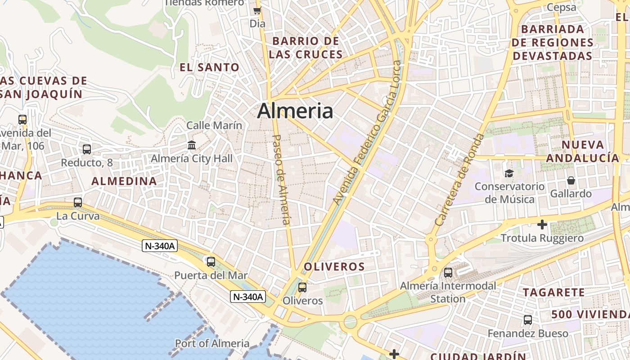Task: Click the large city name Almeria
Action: click(x=295, y=111)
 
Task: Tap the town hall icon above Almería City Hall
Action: click(x=192, y=145)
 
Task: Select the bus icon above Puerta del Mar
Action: click(x=211, y=261)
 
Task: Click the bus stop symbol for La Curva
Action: click(x=78, y=202)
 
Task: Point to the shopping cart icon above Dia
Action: click(x=257, y=10)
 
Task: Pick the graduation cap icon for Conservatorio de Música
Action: click(x=509, y=173)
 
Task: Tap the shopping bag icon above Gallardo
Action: click(x=571, y=180)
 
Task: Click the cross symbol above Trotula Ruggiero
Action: click(x=542, y=224)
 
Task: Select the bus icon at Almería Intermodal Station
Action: click(x=448, y=272)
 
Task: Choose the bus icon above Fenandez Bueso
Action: click(x=528, y=320)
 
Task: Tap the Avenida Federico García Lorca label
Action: click(x=367, y=139)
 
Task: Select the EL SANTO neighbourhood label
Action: click(x=210, y=67)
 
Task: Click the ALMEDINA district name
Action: click(x=124, y=181)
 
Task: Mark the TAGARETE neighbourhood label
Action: click(x=553, y=292)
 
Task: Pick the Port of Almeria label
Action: click(x=212, y=343)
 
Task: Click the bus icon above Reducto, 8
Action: click(x=87, y=149)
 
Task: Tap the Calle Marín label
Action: click(x=214, y=126)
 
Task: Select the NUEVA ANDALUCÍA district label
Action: click(x=583, y=151)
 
